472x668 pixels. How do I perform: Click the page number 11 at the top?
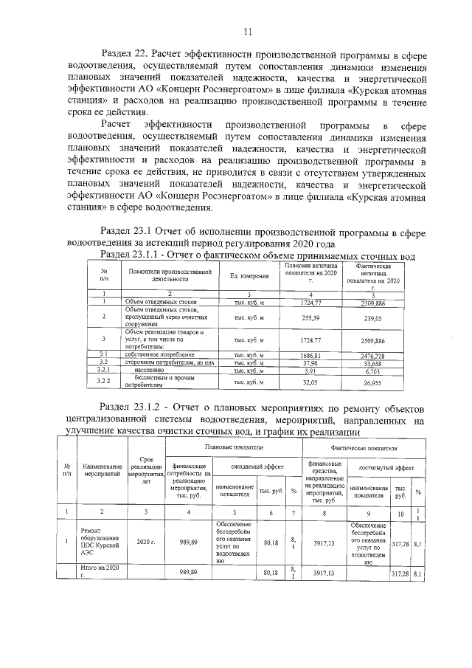click(x=247, y=31)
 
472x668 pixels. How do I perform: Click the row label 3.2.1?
click(x=104, y=371)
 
